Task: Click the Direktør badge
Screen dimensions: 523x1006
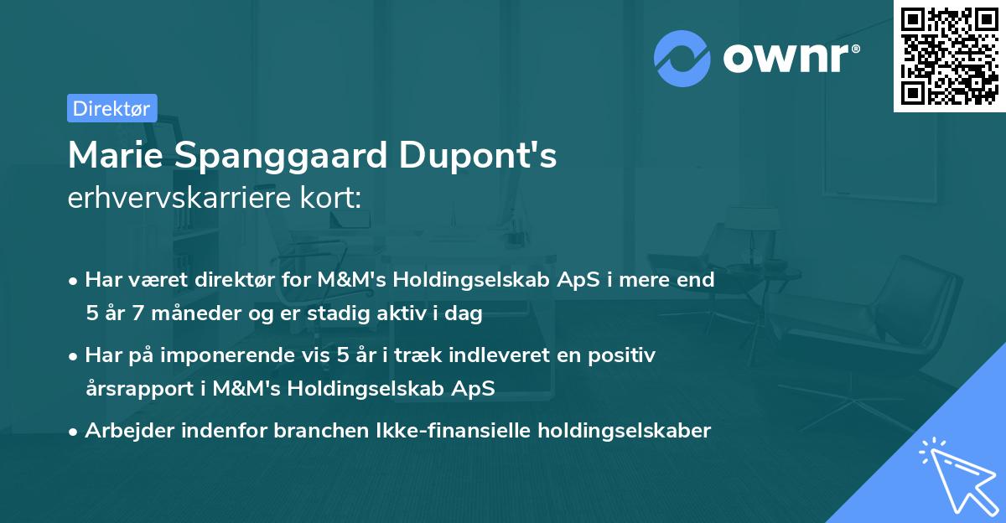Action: (111, 108)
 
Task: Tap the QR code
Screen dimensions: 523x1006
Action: (949, 56)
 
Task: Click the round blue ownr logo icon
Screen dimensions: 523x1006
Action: (682, 58)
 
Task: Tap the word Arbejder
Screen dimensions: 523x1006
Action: (124, 431)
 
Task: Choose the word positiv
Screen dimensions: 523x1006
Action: (625, 355)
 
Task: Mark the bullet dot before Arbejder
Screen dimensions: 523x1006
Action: (74, 432)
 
